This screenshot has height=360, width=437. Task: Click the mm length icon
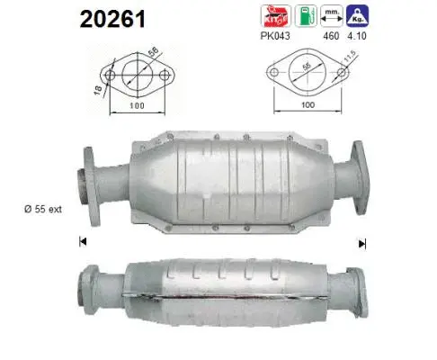(x=332, y=16)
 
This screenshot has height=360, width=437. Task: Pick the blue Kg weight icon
(x=361, y=16)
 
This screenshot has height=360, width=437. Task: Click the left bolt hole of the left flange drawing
(x=110, y=75)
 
